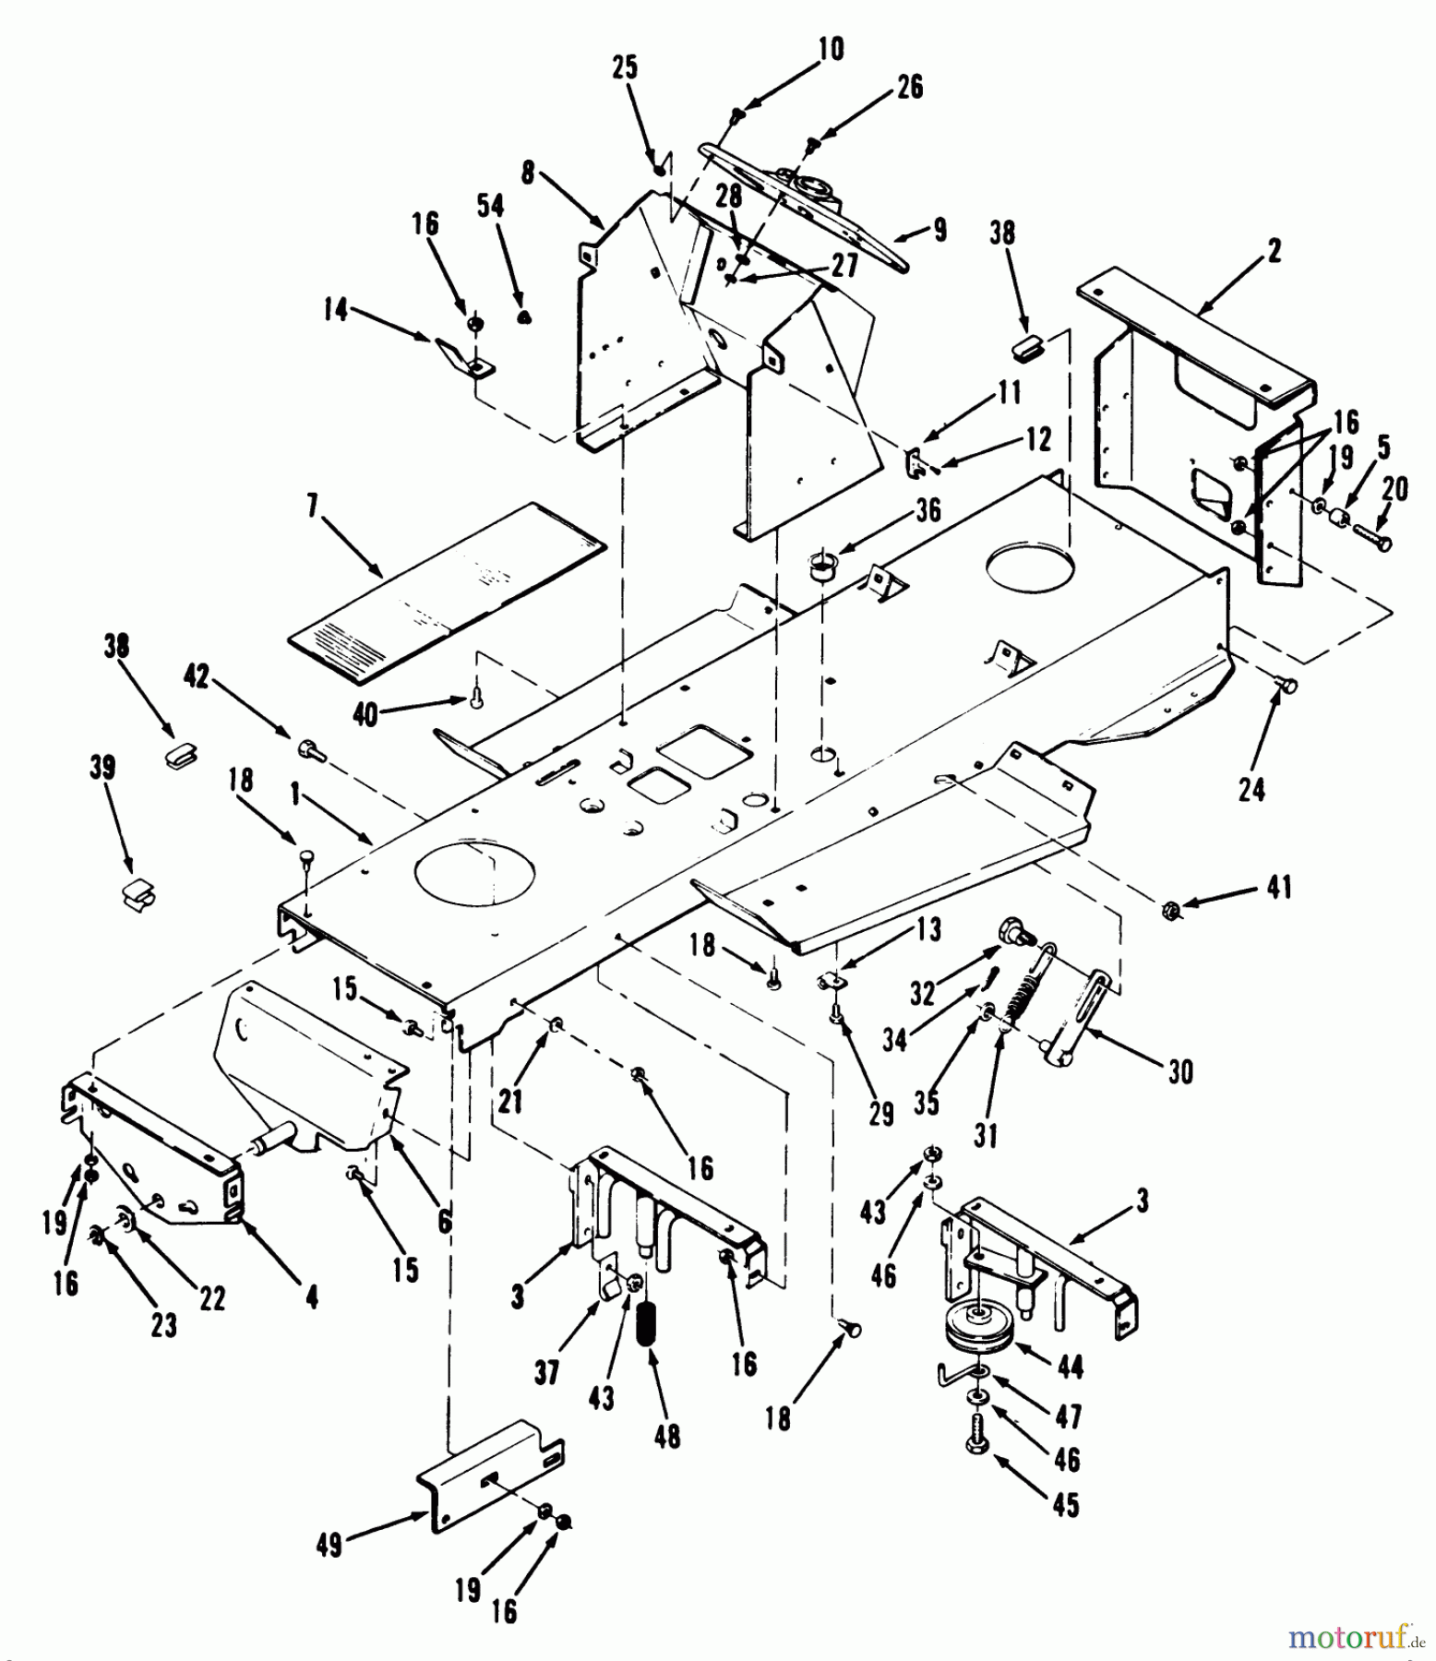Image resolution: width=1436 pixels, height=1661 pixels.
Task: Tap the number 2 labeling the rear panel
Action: (1274, 250)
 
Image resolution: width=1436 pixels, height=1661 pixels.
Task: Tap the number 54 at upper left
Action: (490, 205)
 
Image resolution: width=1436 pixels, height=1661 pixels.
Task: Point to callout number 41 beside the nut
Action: (1278, 888)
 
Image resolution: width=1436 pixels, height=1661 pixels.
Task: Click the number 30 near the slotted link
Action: (1179, 1072)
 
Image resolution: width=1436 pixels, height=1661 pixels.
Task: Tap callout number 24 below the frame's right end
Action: (1251, 790)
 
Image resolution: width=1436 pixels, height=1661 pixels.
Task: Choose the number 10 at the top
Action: (830, 49)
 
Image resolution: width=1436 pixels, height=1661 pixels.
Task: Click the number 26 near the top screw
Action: (909, 87)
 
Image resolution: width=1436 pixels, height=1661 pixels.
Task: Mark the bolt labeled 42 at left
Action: (311, 753)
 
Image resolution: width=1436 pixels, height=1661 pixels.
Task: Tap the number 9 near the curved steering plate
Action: (939, 229)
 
